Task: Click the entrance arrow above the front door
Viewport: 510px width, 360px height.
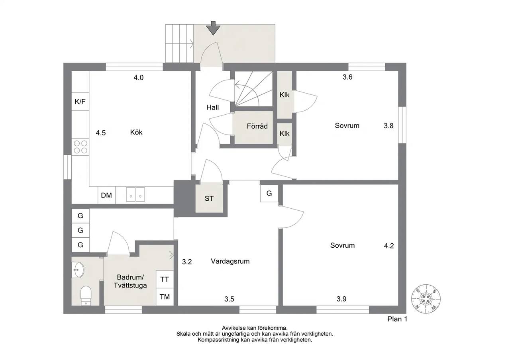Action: (213, 28)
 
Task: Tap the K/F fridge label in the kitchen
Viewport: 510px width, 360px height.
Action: (80, 102)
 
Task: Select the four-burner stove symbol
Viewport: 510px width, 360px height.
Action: (80, 147)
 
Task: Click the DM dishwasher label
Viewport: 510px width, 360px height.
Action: (106, 195)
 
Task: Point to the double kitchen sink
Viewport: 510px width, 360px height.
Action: (135, 194)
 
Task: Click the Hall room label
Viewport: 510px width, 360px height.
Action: (213, 108)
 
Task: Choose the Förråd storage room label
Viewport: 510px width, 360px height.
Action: (257, 126)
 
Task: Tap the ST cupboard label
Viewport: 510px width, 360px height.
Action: (209, 199)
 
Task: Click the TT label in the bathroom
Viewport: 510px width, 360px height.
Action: (165, 279)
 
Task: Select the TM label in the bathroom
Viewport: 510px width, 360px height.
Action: (165, 297)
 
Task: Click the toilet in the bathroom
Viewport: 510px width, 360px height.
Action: (86, 295)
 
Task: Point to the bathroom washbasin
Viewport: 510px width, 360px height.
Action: (78, 270)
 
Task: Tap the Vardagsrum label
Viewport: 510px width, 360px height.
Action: (230, 261)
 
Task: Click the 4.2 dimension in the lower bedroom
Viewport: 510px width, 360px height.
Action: (388, 246)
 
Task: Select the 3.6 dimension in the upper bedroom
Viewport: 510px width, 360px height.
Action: (347, 77)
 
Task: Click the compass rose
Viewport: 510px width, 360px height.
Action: (426, 299)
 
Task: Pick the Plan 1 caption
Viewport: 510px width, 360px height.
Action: (397, 319)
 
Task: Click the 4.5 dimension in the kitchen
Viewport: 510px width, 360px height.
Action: (101, 133)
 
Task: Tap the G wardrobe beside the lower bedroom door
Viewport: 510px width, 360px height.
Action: (269, 193)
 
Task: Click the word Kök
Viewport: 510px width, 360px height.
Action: (136, 132)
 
